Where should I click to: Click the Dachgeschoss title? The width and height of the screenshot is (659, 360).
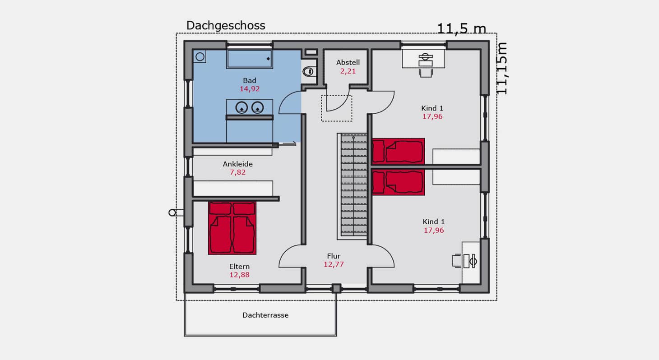[226, 26]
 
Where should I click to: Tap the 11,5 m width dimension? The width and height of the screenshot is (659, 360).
[462, 29]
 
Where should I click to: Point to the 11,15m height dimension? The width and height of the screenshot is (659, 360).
[502, 69]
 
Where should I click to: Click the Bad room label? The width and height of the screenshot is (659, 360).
[250, 81]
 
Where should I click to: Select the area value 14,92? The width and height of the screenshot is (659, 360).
[250, 89]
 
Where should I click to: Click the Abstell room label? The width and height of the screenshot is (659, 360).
[348, 62]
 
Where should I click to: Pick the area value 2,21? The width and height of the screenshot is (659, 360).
[348, 71]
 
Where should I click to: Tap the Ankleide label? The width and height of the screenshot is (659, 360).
[237, 164]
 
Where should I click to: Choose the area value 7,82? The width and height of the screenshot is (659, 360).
[237, 172]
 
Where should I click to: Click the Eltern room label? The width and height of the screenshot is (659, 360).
[239, 267]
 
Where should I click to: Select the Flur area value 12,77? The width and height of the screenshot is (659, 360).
[334, 264]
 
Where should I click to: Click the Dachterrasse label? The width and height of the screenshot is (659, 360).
[265, 315]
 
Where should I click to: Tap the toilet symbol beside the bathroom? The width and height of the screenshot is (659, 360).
[308, 71]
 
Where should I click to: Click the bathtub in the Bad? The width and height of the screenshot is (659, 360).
[250, 59]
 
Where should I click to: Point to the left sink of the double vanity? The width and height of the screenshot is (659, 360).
[241, 108]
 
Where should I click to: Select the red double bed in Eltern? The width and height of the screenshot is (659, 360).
[232, 228]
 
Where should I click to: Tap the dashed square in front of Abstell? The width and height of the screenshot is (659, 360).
[337, 108]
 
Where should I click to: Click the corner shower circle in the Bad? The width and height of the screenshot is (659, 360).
[200, 56]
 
